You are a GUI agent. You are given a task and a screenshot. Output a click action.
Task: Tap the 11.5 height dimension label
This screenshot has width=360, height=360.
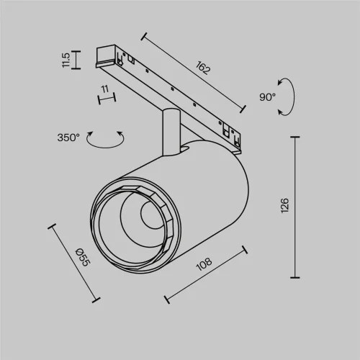tap(66, 60)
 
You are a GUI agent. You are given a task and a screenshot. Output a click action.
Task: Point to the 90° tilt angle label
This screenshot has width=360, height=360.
tap(268, 96)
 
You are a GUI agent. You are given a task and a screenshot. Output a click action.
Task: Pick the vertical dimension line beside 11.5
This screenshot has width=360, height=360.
tap(77, 59)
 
